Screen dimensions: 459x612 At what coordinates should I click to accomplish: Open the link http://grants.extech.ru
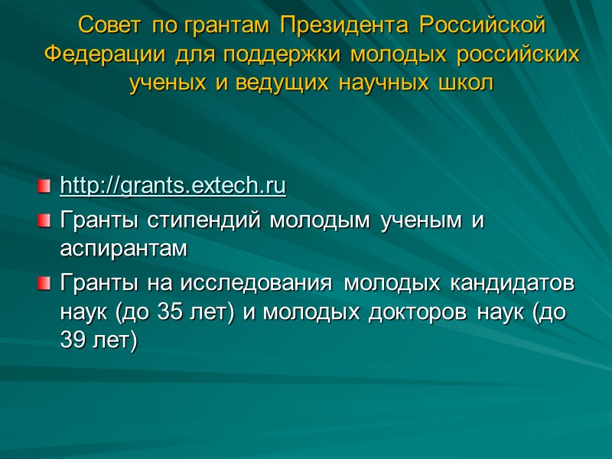pos(173,186)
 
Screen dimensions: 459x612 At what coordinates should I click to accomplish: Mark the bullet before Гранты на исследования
pos(45,285)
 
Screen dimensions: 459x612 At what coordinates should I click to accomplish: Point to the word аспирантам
pos(122,249)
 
